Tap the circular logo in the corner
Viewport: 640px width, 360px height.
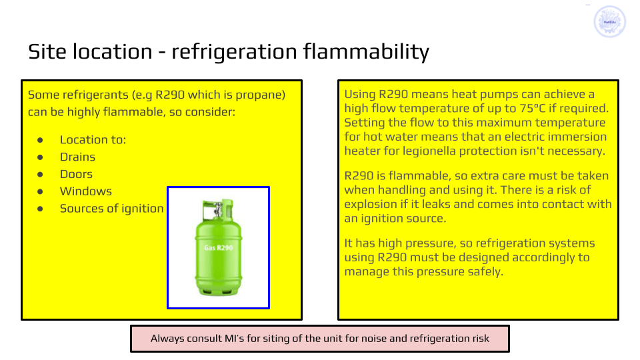pyautogui.click(x=609, y=21)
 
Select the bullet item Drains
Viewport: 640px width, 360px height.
pyautogui.click(x=77, y=157)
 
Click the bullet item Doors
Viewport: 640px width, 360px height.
pyautogui.click(x=76, y=174)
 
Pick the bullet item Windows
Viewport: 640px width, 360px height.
pyautogui.click(x=86, y=191)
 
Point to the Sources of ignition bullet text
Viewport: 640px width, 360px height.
pyautogui.click(x=111, y=209)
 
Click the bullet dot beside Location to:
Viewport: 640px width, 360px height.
pyautogui.click(x=40, y=140)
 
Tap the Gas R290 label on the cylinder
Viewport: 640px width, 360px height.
pyautogui.click(x=219, y=248)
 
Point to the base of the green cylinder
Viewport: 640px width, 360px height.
pyautogui.click(x=219, y=291)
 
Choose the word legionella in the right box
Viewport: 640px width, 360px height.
pyautogui.click(x=429, y=151)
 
